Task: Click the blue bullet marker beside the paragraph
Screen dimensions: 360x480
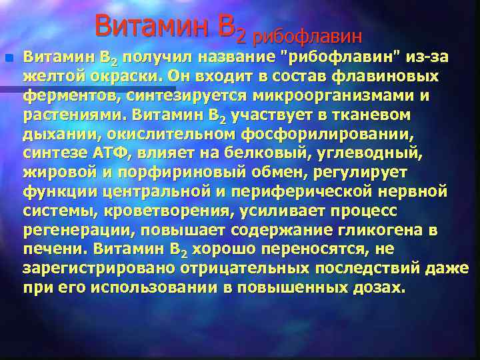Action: pos(9,58)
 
